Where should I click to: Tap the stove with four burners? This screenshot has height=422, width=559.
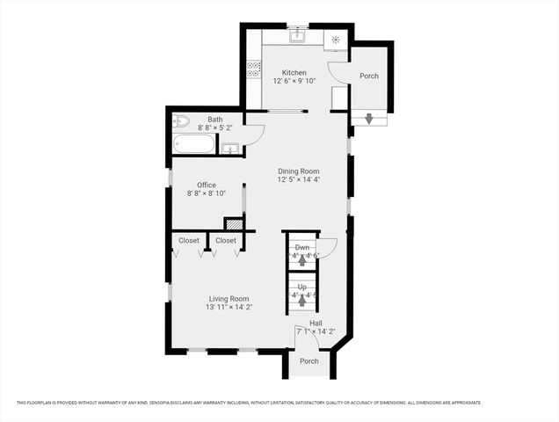[254, 66]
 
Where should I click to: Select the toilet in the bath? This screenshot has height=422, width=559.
[181, 121]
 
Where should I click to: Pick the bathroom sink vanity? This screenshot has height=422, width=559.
[229, 148]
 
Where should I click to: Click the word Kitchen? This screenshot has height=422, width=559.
[294, 72]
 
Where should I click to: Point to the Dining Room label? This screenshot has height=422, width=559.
[298, 171]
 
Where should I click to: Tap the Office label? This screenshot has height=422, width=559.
[207, 185]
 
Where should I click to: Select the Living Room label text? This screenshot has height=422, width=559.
[228, 298]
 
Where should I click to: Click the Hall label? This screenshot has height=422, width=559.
[315, 323]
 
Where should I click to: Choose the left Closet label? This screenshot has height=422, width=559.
[189, 240]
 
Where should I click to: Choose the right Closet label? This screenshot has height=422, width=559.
[226, 240]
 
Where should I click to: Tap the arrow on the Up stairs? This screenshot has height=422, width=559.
[302, 299]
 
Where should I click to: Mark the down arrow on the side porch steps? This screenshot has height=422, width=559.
[368, 119]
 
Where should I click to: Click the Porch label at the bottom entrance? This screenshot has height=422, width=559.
[309, 361]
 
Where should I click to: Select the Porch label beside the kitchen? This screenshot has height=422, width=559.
[369, 76]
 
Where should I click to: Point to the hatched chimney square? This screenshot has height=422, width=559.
[233, 224]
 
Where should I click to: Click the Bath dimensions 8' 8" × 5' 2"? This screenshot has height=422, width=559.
[215, 128]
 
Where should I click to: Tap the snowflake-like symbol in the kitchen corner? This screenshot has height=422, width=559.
[336, 39]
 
